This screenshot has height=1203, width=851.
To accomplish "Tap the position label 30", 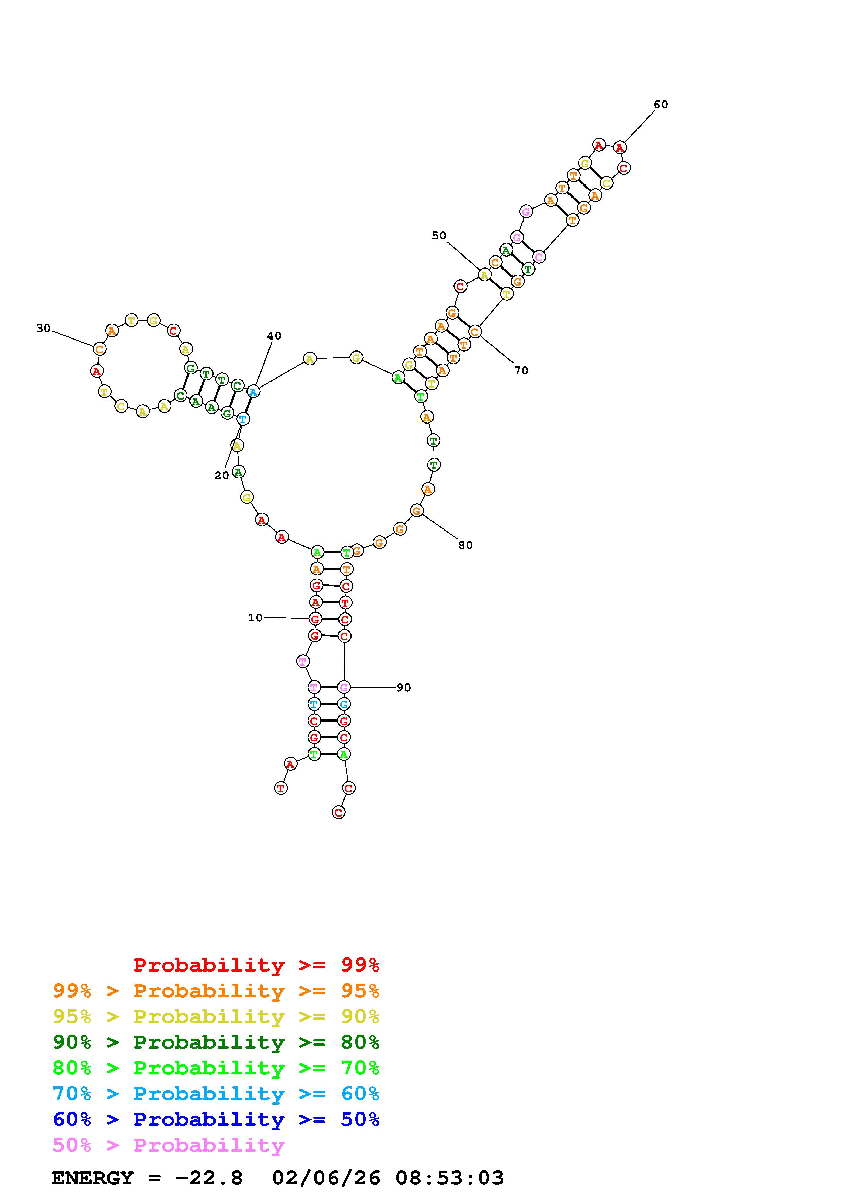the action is coord(44,329).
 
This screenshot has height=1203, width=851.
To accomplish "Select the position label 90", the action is coord(404,688).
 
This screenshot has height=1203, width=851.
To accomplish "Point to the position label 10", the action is coord(255,618).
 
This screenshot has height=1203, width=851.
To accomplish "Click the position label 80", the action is coord(465,546).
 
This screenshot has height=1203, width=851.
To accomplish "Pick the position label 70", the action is coord(521,370).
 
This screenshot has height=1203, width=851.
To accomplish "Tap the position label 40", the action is coord(274,336).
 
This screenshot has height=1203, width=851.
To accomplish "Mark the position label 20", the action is coord(222,475).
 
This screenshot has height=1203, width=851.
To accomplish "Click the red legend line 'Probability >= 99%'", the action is coord(256,965).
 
